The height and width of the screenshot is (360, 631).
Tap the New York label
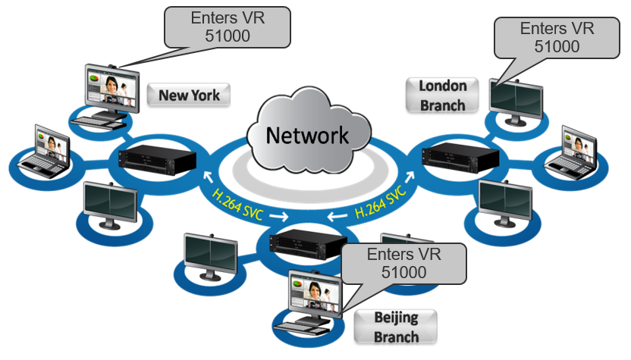pyautogui.click(x=190, y=95)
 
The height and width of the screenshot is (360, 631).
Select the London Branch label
pyautogui.click(x=442, y=95)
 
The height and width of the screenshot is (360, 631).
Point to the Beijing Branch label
pyautogui.click(x=396, y=327)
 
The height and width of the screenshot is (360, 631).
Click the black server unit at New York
pyautogui.click(x=159, y=159)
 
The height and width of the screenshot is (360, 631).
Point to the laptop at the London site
pyautogui.click(x=579, y=149)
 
